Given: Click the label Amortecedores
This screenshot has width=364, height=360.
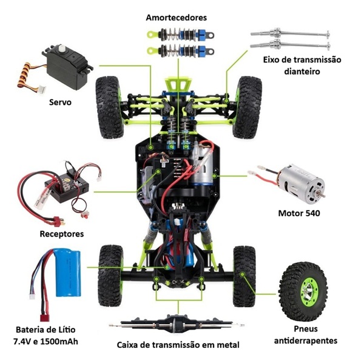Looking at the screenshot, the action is (176, 18).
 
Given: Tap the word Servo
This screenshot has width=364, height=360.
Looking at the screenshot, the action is (60, 102).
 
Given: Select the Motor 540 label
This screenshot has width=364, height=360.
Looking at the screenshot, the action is (299, 213).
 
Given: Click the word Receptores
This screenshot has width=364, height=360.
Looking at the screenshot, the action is (62, 234).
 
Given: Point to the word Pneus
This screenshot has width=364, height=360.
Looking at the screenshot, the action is (306, 328).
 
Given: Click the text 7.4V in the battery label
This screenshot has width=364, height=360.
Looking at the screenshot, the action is (23, 341).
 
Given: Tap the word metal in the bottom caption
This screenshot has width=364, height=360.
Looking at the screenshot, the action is (227, 345).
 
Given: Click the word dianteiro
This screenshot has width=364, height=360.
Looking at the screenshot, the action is (302, 71).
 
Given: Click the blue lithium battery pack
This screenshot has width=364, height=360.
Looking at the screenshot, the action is (68, 273).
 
